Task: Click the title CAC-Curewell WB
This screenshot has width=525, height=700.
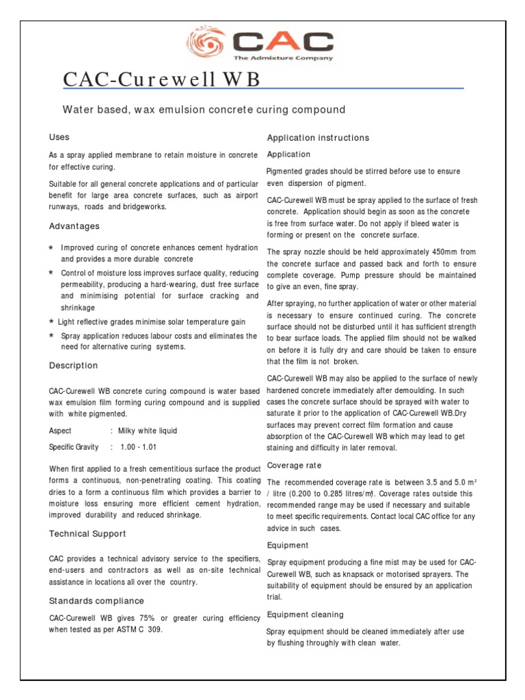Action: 161,79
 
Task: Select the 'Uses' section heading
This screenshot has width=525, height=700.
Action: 59,137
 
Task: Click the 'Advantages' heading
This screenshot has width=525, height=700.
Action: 74,226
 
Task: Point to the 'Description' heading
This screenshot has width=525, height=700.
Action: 73,366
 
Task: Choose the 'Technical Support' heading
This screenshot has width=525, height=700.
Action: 87,534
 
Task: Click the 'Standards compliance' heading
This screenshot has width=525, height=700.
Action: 96,601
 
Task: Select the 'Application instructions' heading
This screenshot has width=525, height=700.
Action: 318,137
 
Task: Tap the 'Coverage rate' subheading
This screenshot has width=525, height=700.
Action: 294,466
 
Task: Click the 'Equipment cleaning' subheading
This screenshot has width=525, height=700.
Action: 305,615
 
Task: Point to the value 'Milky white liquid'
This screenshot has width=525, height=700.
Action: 148,431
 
